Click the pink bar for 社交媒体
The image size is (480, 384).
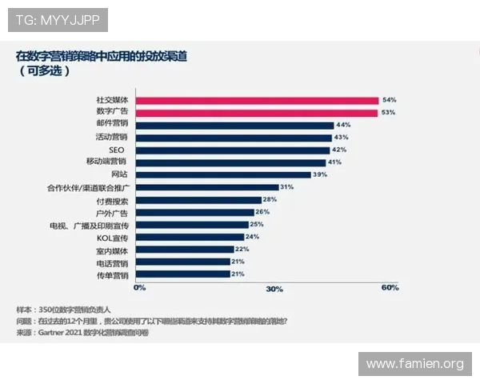coord(256,101)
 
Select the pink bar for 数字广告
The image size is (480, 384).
coord(256,113)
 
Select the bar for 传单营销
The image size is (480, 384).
coord(182,274)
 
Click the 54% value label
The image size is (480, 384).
coord(390,100)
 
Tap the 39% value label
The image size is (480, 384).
coord(320,174)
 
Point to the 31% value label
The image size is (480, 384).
coord(286,187)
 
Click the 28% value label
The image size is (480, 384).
coord(270,199)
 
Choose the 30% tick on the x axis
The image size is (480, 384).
coord(274,288)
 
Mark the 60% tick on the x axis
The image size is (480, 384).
coord(390,288)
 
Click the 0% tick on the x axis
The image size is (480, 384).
coord(139,287)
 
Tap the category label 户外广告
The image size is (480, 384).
coord(112,212)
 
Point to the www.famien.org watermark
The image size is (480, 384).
coord(414,364)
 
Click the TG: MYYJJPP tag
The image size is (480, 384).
coord(57,18)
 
